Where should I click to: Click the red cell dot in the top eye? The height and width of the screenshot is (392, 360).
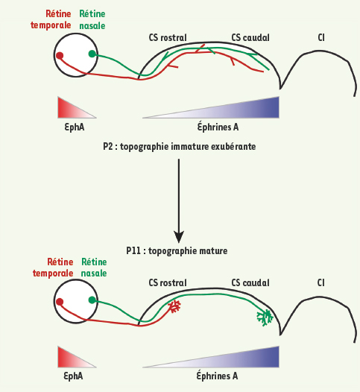click(60, 55)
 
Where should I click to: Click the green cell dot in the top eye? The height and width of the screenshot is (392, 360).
click(92, 54)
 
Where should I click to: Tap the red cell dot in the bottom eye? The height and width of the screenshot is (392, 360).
click(60, 302)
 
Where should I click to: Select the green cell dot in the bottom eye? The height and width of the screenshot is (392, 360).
click(92, 300)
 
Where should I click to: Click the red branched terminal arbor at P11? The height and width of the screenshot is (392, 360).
click(174, 306)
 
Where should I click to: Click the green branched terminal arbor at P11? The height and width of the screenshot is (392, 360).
click(265, 317)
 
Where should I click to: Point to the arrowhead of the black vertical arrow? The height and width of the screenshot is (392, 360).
click(179, 236)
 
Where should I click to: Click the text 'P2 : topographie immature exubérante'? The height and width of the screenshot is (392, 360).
click(179, 147)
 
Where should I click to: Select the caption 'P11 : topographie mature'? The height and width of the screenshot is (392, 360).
click(177, 250)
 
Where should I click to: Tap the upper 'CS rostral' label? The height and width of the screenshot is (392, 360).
click(168, 38)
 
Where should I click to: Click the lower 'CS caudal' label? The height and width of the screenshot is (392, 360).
click(250, 283)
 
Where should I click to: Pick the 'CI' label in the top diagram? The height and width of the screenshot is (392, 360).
click(321, 38)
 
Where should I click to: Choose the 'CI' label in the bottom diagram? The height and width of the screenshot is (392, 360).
click(321, 283)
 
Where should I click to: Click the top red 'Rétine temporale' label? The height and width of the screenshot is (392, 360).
click(51, 19)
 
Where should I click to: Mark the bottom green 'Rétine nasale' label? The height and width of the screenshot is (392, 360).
click(94, 268)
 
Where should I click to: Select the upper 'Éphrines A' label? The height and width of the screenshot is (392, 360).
click(218, 127)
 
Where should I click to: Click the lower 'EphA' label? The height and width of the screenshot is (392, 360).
click(73, 376)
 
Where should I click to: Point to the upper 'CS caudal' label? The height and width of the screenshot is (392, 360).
click(250, 38)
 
